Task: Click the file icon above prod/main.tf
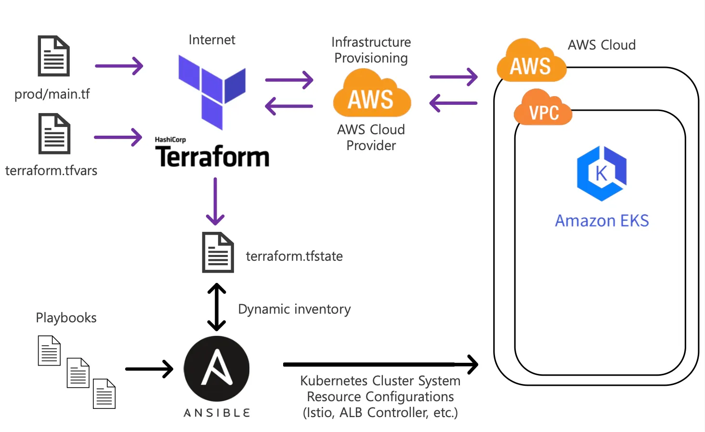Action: coord(54,56)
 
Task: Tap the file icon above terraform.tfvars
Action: coord(54,134)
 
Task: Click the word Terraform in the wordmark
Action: coord(212,157)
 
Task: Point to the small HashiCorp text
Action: coord(170,140)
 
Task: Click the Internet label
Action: coord(212,40)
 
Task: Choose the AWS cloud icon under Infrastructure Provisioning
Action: coord(372,94)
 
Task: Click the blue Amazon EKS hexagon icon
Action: coord(601,173)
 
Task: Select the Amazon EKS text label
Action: coord(602,221)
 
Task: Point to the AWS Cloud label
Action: coord(601,45)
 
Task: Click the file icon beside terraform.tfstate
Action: coord(218,253)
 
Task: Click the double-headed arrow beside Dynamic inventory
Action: coord(217,307)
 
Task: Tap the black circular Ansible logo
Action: coord(217,368)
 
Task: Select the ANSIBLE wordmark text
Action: coord(217,413)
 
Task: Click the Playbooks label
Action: coord(66,318)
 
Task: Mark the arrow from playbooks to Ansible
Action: coord(149,369)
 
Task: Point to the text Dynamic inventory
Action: coord(294,309)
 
